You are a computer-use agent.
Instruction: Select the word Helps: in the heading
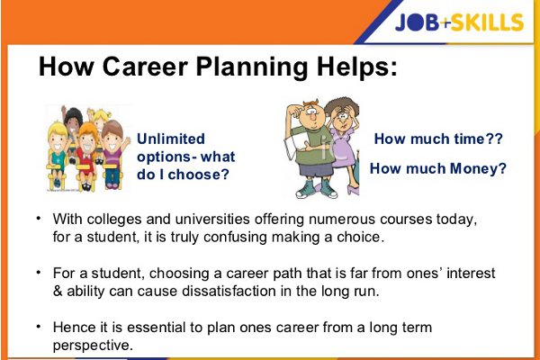pyautogui.click(x=356, y=67)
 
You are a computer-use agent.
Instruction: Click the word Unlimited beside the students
pyautogui.click(x=171, y=139)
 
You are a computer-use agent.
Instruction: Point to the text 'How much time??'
pyautogui.click(x=437, y=140)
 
